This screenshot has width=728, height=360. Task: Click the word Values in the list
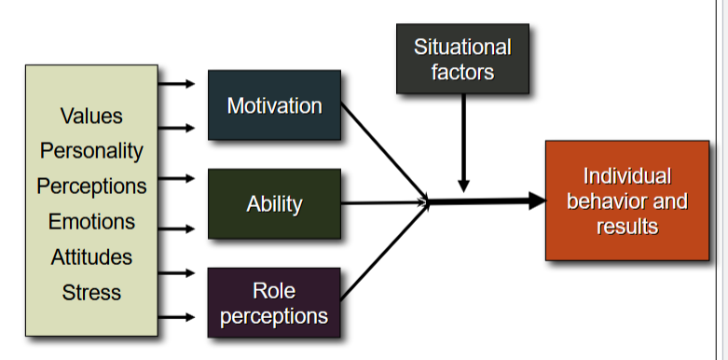point(91,117)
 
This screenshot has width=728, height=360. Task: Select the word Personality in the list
point(91,150)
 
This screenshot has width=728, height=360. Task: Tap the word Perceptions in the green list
point(91,186)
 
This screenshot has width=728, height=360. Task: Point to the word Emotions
point(91,222)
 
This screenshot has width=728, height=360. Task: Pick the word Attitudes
point(91,256)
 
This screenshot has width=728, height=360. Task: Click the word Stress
point(91,292)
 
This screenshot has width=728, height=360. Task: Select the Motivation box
point(274,105)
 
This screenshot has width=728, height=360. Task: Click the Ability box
point(274,203)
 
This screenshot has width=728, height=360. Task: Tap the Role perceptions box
point(274,302)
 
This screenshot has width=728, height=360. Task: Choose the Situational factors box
point(462,59)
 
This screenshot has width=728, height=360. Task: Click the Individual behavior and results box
point(626,201)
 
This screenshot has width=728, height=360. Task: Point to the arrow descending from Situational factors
point(463,140)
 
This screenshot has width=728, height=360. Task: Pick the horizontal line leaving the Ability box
point(382,202)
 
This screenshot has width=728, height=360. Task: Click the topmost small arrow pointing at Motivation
point(177,84)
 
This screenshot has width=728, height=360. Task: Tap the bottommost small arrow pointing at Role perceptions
point(177,318)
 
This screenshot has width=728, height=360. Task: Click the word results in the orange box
point(626,226)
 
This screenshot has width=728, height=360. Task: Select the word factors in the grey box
point(462,72)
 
